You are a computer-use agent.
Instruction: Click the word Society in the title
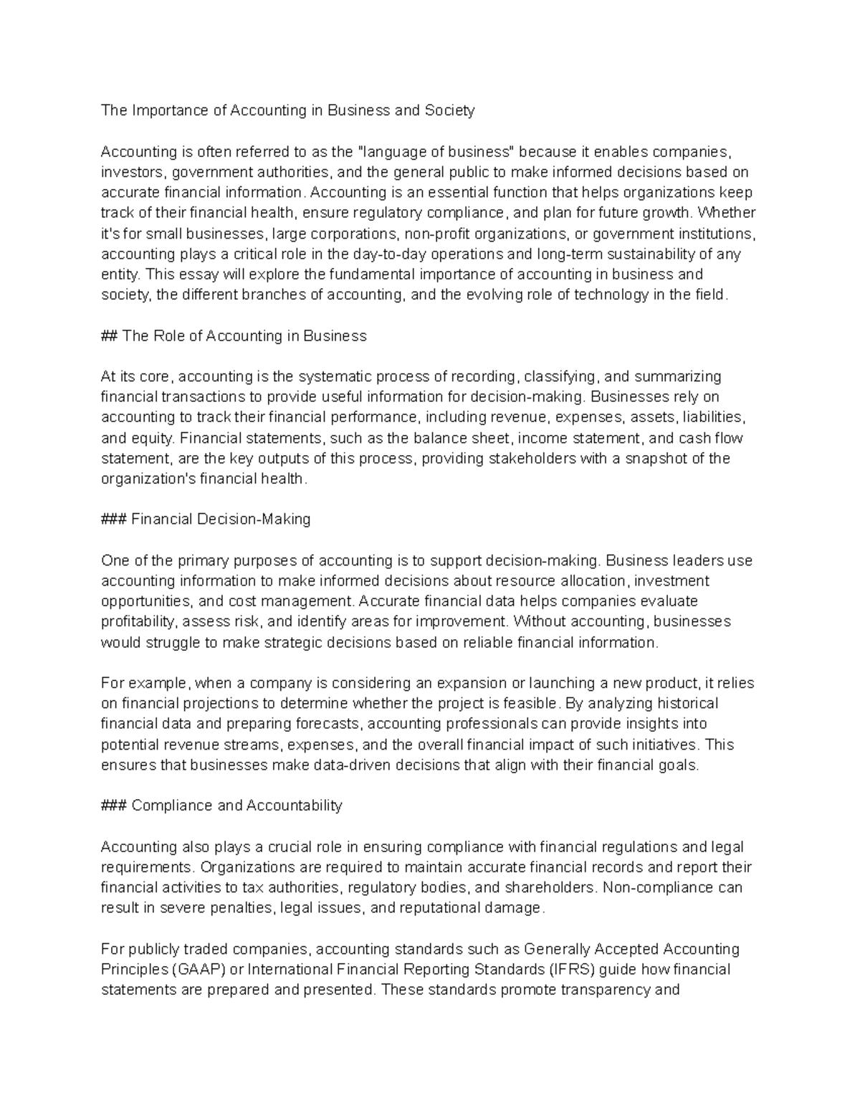tap(449, 110)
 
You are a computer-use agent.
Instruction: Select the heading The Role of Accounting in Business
tap(244, 336)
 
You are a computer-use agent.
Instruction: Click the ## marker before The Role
tap(110, 336)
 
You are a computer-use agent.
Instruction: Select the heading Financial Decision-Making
tap(221, 520)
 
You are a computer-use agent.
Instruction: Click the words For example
tap(144, 683)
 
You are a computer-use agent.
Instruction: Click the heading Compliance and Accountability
tap(236, 806)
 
